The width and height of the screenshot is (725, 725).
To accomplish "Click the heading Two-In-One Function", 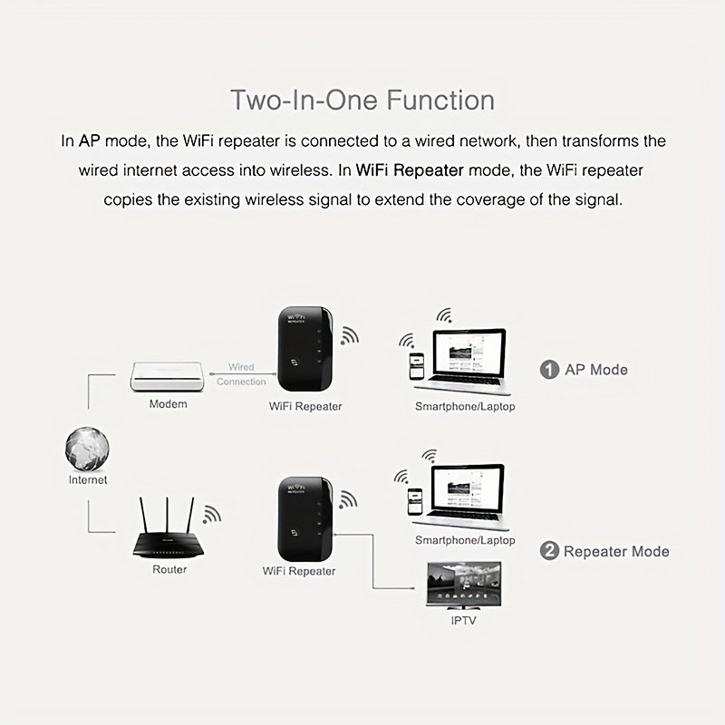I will pos(362,99).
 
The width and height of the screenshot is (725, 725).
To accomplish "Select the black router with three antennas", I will pos(168,542).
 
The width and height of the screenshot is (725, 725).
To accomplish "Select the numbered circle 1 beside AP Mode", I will pos(549,370).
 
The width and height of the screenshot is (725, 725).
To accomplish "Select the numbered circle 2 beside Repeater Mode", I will pos(549,551).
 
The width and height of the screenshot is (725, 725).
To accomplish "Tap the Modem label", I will pos(169,403).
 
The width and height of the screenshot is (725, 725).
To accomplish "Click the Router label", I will pos(169,569).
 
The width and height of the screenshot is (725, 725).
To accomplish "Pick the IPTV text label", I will pos(464,621).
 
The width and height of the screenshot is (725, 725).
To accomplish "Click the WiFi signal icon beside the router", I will pos(212,515).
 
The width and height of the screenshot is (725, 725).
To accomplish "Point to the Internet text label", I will pos(88,480).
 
